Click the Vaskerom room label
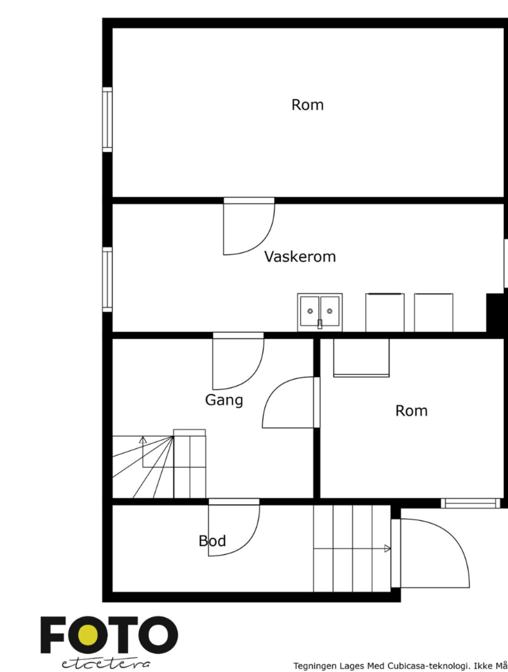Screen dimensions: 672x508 300,257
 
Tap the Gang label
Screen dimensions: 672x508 224,400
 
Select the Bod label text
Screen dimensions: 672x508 212,541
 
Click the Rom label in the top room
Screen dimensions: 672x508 307,105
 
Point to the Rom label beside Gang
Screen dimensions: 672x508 411,411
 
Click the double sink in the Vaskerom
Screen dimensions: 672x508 320,311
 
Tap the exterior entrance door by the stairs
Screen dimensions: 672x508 429,553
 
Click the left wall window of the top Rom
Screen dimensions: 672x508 107,119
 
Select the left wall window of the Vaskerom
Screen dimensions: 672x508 107,279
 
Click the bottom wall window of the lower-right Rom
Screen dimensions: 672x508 470,503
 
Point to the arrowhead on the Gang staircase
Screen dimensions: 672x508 143,440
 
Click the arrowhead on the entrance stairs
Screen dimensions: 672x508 388,548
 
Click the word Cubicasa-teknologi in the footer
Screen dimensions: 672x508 427,666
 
